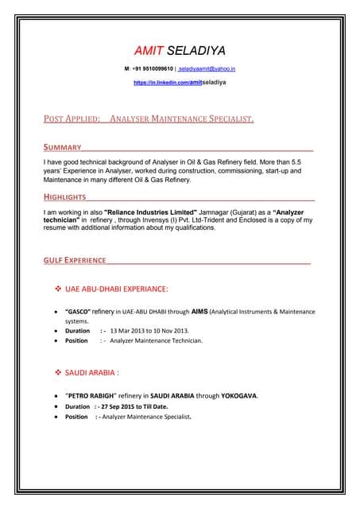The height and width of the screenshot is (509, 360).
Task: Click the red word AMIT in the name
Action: click(146, 49)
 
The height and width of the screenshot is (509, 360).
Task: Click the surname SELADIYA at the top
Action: click(199, 49)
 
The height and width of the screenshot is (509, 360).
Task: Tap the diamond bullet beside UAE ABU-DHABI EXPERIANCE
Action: click(57, 289)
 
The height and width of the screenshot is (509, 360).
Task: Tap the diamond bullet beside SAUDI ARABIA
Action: click(57, 371)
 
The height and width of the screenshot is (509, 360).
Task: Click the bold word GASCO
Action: click(78, 311)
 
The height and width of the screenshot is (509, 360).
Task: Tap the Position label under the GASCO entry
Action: click(76, 340)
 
